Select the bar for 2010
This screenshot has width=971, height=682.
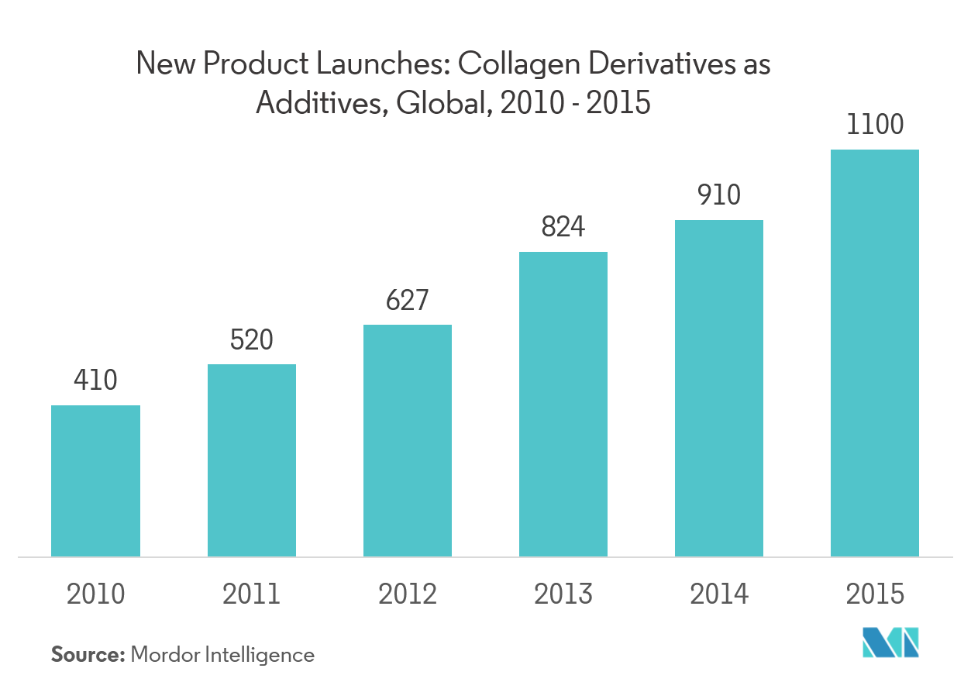pyautogui.click(x=95, y=480)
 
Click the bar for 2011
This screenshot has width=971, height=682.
pyautogui.click(x=251, y=460)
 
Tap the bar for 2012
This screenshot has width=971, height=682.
pyautogui.click(x=407, y=440)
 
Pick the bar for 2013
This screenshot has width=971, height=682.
pyautogui.click(x=563, y=404)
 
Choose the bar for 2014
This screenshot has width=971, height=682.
pyautogui.click(x=718, y=388)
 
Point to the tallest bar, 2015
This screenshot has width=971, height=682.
pyautogui.click(x=874, y=353)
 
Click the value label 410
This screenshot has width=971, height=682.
pyautogui.click(x=95, y=380)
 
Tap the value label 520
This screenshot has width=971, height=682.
pyautogui.click(x=251, y=339)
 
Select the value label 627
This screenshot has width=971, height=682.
pyautogui.click(x=407, y=300)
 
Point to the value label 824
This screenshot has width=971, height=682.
pyautogui.click(x=563, y=227)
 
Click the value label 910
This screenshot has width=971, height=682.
pyautogui.click(x=718, y=195)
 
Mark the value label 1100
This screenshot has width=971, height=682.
pyautogui.click(x=874, y=125)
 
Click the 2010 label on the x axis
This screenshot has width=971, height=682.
pyautogui.click(x=95, y=594)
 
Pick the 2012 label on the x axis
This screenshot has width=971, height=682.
pyautogui.click(x=407, y=594)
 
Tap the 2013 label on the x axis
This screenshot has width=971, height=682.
pyautogui.click(x=563, y=594)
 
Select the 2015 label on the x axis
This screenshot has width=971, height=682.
pyautogui.click(x=874, y=594)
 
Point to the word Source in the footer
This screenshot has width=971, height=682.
pyautogui.click(x=87, y=655)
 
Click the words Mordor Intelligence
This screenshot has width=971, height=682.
pyautogui.click(x=222, y=655)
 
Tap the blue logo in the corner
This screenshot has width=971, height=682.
pyautogui.click(x=891, y=642)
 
